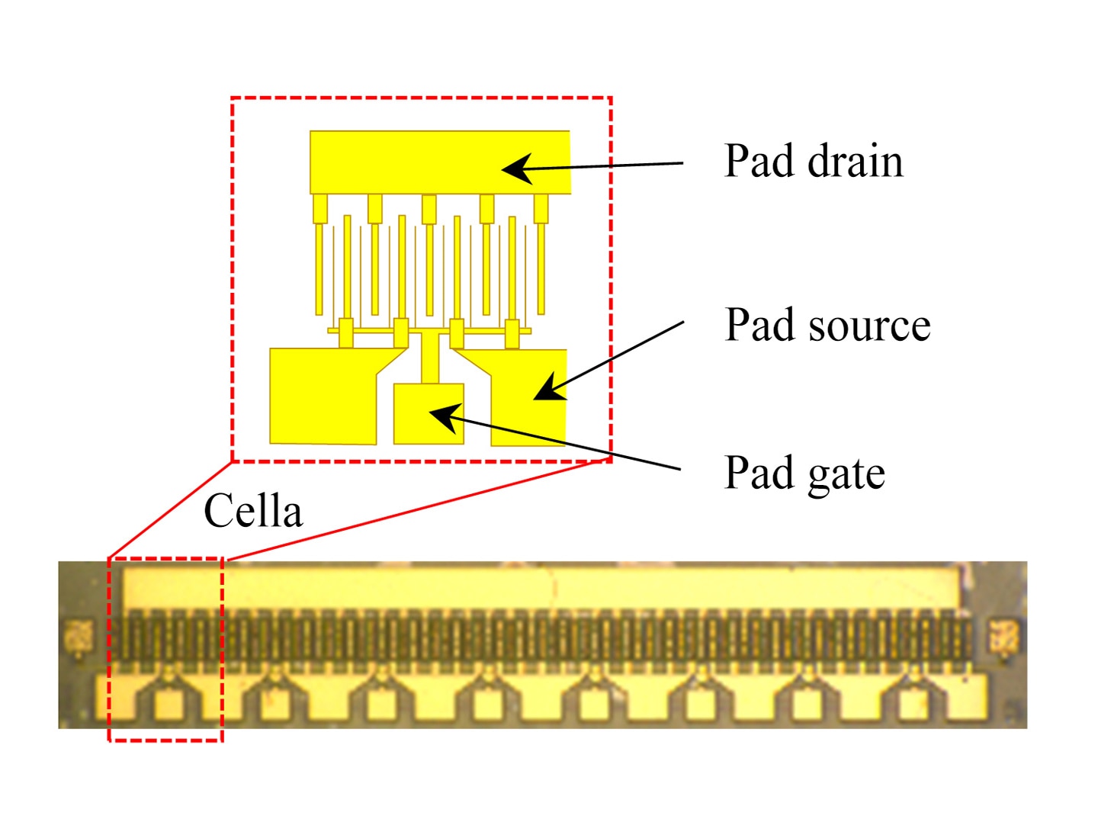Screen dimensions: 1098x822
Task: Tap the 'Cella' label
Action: pyautogui.click(x=253, y=510)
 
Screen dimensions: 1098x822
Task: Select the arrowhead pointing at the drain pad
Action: pyautogui.click(x=518, y=169)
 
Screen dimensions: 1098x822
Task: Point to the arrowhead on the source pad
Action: pyautogui.click(x=549, y=388)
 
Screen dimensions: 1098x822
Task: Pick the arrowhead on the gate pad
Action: pyautogui.click(x=445, y=417)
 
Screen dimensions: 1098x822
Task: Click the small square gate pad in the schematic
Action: pyautogui.click(x=429, y=413)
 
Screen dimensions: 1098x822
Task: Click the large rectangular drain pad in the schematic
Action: pyautogui.click(x=440, y=162)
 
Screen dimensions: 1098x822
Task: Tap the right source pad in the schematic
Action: pyautogui.click(x=528, y=397)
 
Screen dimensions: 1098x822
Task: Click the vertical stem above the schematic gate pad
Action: pyautogui.click(x=430, y=358)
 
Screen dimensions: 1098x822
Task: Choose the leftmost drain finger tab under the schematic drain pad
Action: pyautogui.click(x=320, y=208)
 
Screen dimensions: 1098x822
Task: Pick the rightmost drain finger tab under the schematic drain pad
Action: pyautogui.click(x=541, y=208)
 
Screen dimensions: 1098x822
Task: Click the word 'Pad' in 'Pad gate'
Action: pyautogui.click(x=759, y=473)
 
